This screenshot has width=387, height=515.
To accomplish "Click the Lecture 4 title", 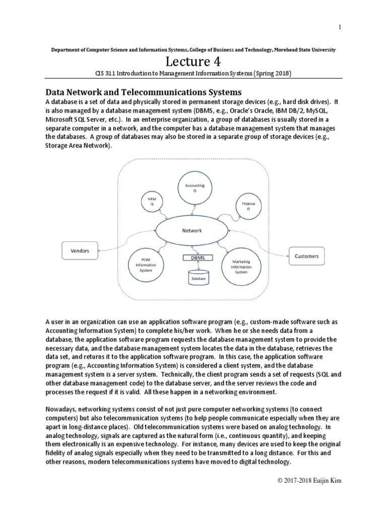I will click(193, 62).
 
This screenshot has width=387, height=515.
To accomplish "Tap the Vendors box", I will click(79, 248).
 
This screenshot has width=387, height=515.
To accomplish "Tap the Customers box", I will click(306, 256).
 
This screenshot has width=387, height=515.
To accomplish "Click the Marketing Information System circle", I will click(241, 267).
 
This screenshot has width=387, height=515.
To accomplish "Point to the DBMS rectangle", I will click(197, 257).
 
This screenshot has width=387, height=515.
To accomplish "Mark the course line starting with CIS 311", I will click(193, 73).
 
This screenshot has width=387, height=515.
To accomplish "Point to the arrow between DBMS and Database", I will click(197, 266).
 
